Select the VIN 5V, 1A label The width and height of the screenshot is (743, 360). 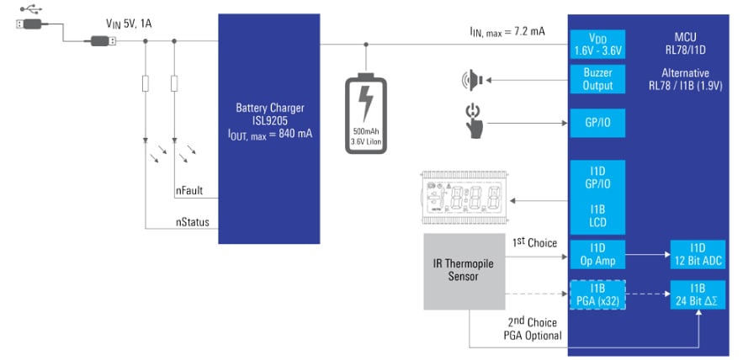coord(129,24)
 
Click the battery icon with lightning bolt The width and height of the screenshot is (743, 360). coord(366,114)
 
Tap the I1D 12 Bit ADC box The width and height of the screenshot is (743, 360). coord(698,254)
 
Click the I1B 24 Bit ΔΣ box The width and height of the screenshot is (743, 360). coord(698,294)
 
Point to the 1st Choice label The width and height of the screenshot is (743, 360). coord(534,243)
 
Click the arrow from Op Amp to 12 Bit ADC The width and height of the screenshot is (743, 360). coord(647,254)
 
